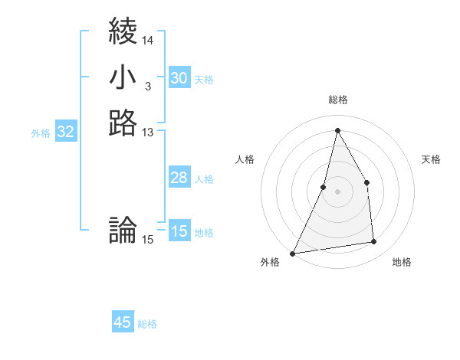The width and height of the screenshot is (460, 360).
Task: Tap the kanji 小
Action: point(123,77)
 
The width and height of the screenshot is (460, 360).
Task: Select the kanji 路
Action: point(123,123)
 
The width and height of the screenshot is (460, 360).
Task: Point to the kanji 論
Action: point(123,230)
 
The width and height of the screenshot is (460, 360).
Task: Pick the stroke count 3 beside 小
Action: point(147,87)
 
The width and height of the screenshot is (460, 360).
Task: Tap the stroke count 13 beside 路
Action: point(148,133)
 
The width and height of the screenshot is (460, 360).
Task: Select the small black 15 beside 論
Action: point(148,240)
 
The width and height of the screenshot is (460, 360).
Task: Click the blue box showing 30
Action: point(179,78)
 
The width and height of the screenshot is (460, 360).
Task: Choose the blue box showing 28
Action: point(179,178)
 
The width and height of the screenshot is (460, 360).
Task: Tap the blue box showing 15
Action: point(179,231)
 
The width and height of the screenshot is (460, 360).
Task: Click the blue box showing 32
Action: point(66,132)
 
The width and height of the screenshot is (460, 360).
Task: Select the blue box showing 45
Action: point(123,322)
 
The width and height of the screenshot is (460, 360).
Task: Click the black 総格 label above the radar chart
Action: point(337,100)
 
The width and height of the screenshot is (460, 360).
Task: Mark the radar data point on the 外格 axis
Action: point(293,253)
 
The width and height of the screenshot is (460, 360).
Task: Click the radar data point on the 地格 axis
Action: point(373,242)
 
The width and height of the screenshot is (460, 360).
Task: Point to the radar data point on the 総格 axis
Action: point(337,130)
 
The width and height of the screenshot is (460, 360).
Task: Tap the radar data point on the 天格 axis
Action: point(366,182)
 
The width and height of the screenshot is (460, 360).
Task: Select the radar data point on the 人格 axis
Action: point(324,187)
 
